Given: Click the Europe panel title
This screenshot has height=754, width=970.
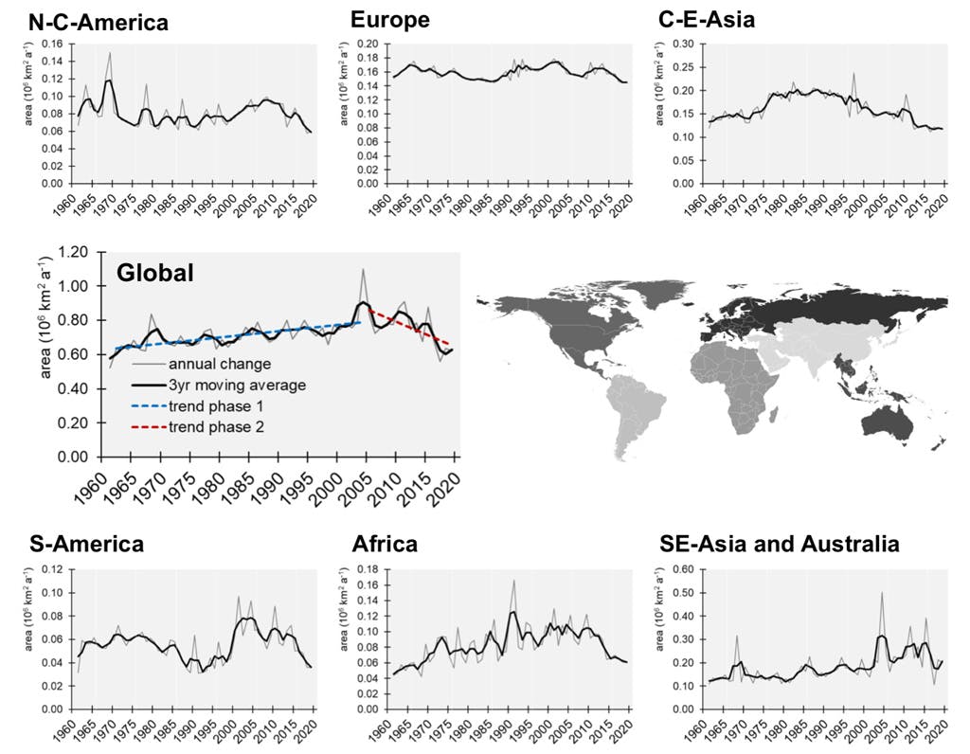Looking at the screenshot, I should [x=389, y=20].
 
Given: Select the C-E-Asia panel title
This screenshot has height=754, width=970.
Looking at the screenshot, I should [x=706, y=18].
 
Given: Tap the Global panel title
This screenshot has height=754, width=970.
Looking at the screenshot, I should [x=155, y=273].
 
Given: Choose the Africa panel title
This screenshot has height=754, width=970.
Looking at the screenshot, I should [x=384, y=544].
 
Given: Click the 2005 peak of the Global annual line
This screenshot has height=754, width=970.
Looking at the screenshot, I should [x=362, y=270].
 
